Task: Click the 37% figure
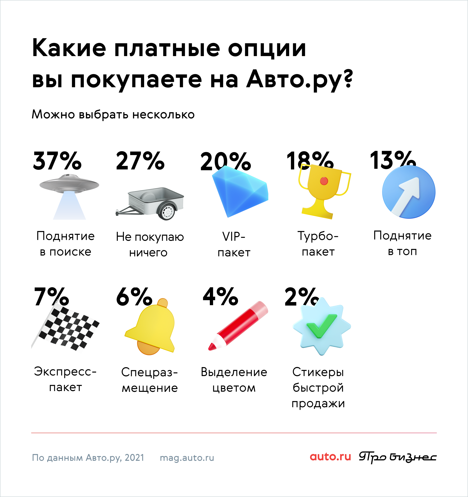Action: coord(57,160)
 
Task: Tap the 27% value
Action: coord(140,160)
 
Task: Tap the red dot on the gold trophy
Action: coord(324,181)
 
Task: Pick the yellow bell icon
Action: coord(150,327)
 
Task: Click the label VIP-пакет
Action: coord(234,244)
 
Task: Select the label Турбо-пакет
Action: coord(318,243)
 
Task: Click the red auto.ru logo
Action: coord(330,457)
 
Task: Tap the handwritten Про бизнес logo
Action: coord(398,457)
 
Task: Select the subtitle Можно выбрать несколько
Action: coord(113,115)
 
